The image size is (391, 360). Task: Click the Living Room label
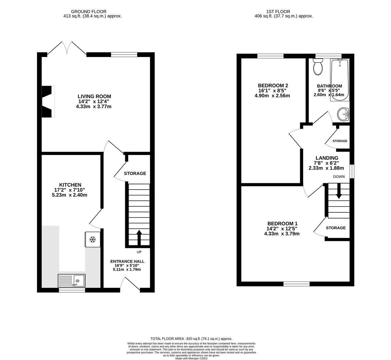tap(94, 97)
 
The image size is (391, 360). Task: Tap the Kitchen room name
tap(70, 185)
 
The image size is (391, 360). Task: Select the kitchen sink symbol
tap(72, 280)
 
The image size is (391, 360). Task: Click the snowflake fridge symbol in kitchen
tap(93, 239)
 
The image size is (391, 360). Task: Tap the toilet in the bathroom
tap(318, 67)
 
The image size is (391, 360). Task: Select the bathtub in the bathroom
tap(340, 80)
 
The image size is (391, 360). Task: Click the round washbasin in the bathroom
tap(343, 115)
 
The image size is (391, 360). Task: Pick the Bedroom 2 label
tap(273, 85)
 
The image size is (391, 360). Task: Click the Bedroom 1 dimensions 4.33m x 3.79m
tap(282, 234)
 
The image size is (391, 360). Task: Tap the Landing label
tap(327, 158)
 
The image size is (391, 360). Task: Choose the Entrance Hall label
tap(127, 261)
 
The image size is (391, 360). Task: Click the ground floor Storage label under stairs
tap(135, 173)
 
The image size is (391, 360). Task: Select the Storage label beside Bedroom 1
tap(336, 228)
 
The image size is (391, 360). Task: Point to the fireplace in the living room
tap(47, 101)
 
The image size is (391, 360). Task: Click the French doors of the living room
tap(67, 49)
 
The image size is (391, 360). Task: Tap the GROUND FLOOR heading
tap(92, 11)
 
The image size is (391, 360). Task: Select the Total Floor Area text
tap(191, 338)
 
